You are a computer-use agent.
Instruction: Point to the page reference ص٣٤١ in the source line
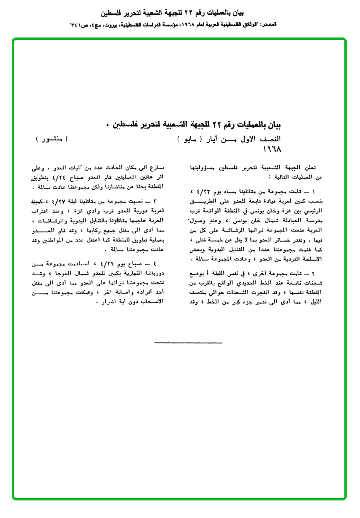point(80,24)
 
